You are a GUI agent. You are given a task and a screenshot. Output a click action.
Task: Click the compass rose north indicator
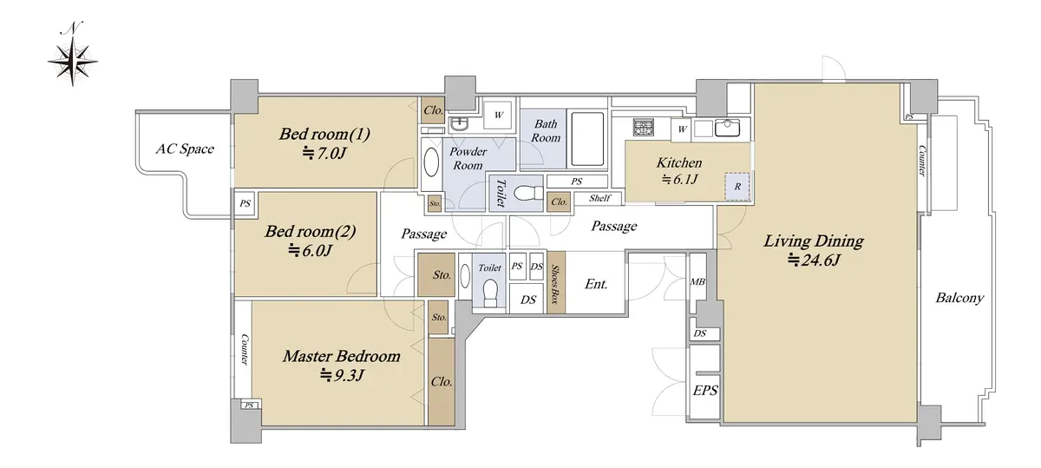pyautogui.click(x=73, y=60)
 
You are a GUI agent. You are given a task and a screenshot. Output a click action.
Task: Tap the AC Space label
pyautogui.click(x=185, y=148)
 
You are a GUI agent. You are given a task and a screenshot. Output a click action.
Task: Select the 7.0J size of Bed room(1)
pyautogui.click(x=324, y=153)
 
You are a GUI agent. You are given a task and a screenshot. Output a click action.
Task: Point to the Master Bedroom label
pyautogui.click(x=342, y=356)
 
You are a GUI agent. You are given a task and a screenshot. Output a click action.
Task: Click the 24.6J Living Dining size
pyautogui.click(x=815, y=260)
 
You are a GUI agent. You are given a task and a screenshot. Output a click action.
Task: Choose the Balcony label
pyautogui.click(x=959, y=298)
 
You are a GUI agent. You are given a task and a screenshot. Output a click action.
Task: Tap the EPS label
pyautogui.click(x=705, y=391)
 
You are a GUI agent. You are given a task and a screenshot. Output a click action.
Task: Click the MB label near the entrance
pyautogui.click(x=697, y=281)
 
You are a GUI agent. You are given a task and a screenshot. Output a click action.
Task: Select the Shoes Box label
pyautogui.click(x=555, y=284)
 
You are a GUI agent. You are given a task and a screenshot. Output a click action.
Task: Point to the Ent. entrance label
pyautogui.click(x=596, y=284)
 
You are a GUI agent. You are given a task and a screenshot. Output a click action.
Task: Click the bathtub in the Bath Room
pyautogui.click(x=587, y=139)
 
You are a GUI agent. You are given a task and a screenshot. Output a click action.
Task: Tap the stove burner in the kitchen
pyautogui.click(x=643, y=128)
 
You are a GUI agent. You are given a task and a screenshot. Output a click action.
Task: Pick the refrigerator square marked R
pyautogui.click(x=737, y=187)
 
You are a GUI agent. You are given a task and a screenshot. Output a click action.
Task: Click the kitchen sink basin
pyautogui.click(x=727, y=128)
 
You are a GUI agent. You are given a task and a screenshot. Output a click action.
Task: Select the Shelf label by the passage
pyautogui.click(x=599, y=198)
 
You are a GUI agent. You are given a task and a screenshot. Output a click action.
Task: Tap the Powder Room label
pyautogui.click(x=468, y=158)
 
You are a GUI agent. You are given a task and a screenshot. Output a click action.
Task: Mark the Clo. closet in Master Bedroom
pyautogui.click(x=442, y=381)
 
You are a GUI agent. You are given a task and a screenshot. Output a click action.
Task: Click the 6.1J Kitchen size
pyautogui.click(x=680, y=179)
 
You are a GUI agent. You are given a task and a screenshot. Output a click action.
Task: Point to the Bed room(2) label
pyautogui.click(x=311, y=231)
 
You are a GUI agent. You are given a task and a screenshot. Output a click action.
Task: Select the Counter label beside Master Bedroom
pyautogui.click(x=245, y=349)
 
